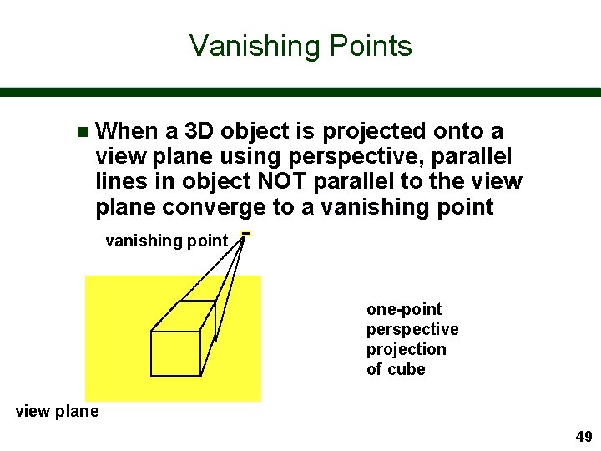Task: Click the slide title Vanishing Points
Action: click(300, 45)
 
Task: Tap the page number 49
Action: click(583, 437)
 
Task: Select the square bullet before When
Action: click(81, 132)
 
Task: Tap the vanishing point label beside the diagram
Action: click(166, 241)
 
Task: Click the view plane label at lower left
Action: click(58, 411)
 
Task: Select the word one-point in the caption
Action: click(404, 309)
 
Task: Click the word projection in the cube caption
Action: click(407, 349)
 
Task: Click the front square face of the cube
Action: click(175, 353)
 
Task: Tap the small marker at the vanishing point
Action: click(245, 233)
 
